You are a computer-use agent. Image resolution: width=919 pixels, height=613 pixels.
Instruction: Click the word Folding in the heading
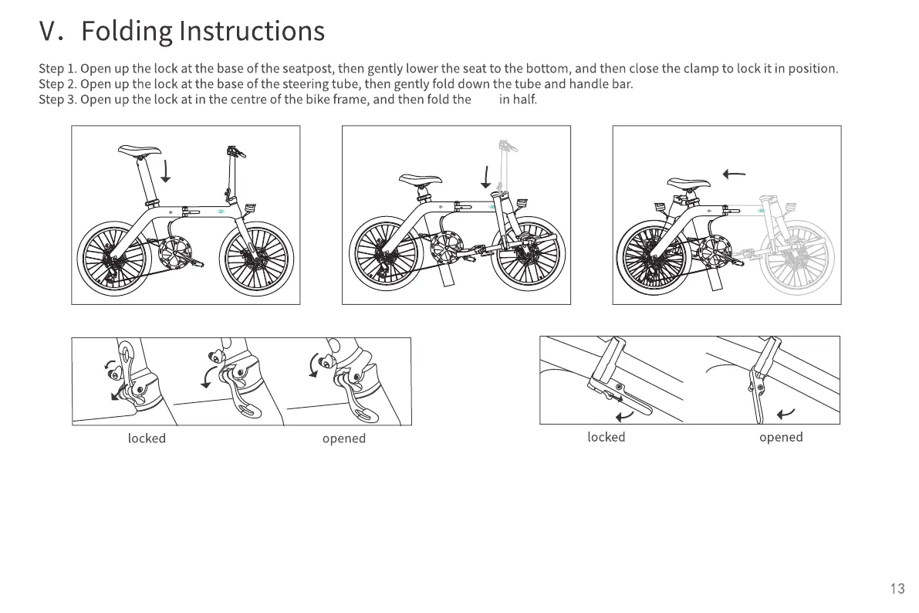pyautogui.click(x=127, y=32)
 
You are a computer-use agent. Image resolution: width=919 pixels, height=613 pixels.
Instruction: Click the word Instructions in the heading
pyautogui.click(x=252, y=32)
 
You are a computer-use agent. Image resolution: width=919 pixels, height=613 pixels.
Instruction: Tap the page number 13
pyautogui.click(x=897, y=589)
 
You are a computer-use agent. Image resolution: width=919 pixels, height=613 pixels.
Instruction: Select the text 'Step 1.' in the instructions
pyautogui.click(x=58, y=69)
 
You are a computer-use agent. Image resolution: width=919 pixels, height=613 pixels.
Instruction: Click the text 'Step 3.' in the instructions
pyautogui.click(x=58, y=100)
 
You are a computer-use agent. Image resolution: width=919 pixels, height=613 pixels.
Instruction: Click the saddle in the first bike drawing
pyautogui.click(x=139, y=151)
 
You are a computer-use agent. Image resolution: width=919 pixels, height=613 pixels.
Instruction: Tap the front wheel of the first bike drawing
pyautogui.click(x=256, y=259)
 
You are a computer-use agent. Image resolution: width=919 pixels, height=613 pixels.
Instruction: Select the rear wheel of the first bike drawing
pyautogui.click(x=113, y=259)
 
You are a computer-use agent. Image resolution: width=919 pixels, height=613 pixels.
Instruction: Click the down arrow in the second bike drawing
pyautogui.click(x=485, y=178)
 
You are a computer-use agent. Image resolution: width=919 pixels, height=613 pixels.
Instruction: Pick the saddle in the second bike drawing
pyautogui.click(x=421, y=180)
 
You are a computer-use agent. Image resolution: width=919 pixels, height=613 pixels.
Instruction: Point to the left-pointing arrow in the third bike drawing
pyautogui.click(x=734, y=174)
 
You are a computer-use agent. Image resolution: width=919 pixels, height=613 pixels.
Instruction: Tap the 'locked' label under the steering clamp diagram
pyautogui.click(x=147, y=439)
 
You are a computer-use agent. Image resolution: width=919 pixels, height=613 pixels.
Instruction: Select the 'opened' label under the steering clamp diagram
pyautogui.click(x=343, y=439)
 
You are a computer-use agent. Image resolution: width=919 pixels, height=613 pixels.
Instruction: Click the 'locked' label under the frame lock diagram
pyautogui.click(x=606, y=437)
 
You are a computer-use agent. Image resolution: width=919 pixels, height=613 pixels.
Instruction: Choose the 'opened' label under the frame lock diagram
pyautogui.click(x=780, y=437)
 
